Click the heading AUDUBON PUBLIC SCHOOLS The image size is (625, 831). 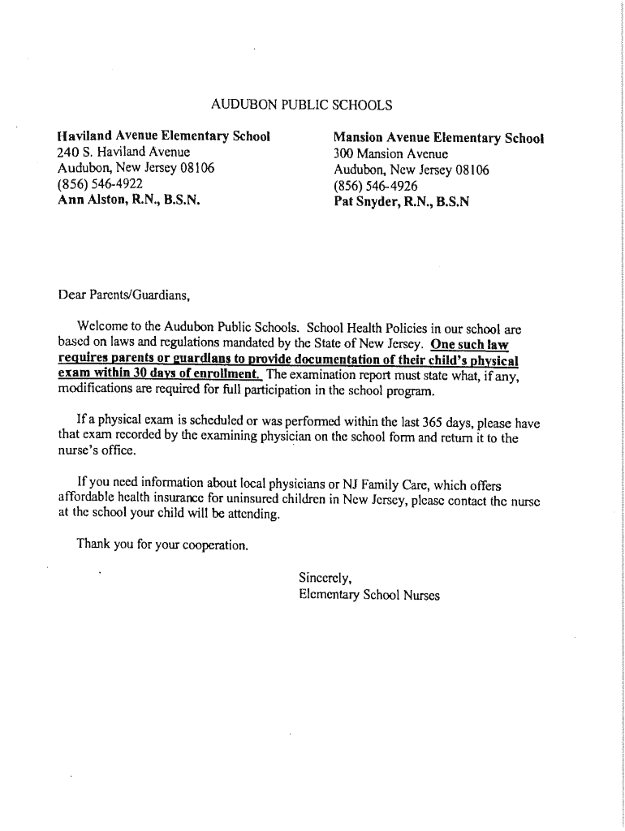coord(301,105)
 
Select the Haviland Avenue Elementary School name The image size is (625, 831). coord(163,136)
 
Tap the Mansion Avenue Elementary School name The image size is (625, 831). coord(438,138)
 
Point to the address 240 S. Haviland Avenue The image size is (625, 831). coord(123,152)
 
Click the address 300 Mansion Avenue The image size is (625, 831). coord(390,154)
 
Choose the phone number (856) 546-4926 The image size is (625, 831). coord(376,186)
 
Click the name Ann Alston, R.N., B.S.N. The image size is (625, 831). coord(128,200)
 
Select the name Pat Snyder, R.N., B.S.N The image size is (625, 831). coord(401,202)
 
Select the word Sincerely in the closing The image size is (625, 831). coord(325,579)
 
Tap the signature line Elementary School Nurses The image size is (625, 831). coord(369,596)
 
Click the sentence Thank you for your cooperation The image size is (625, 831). coord(162,544)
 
